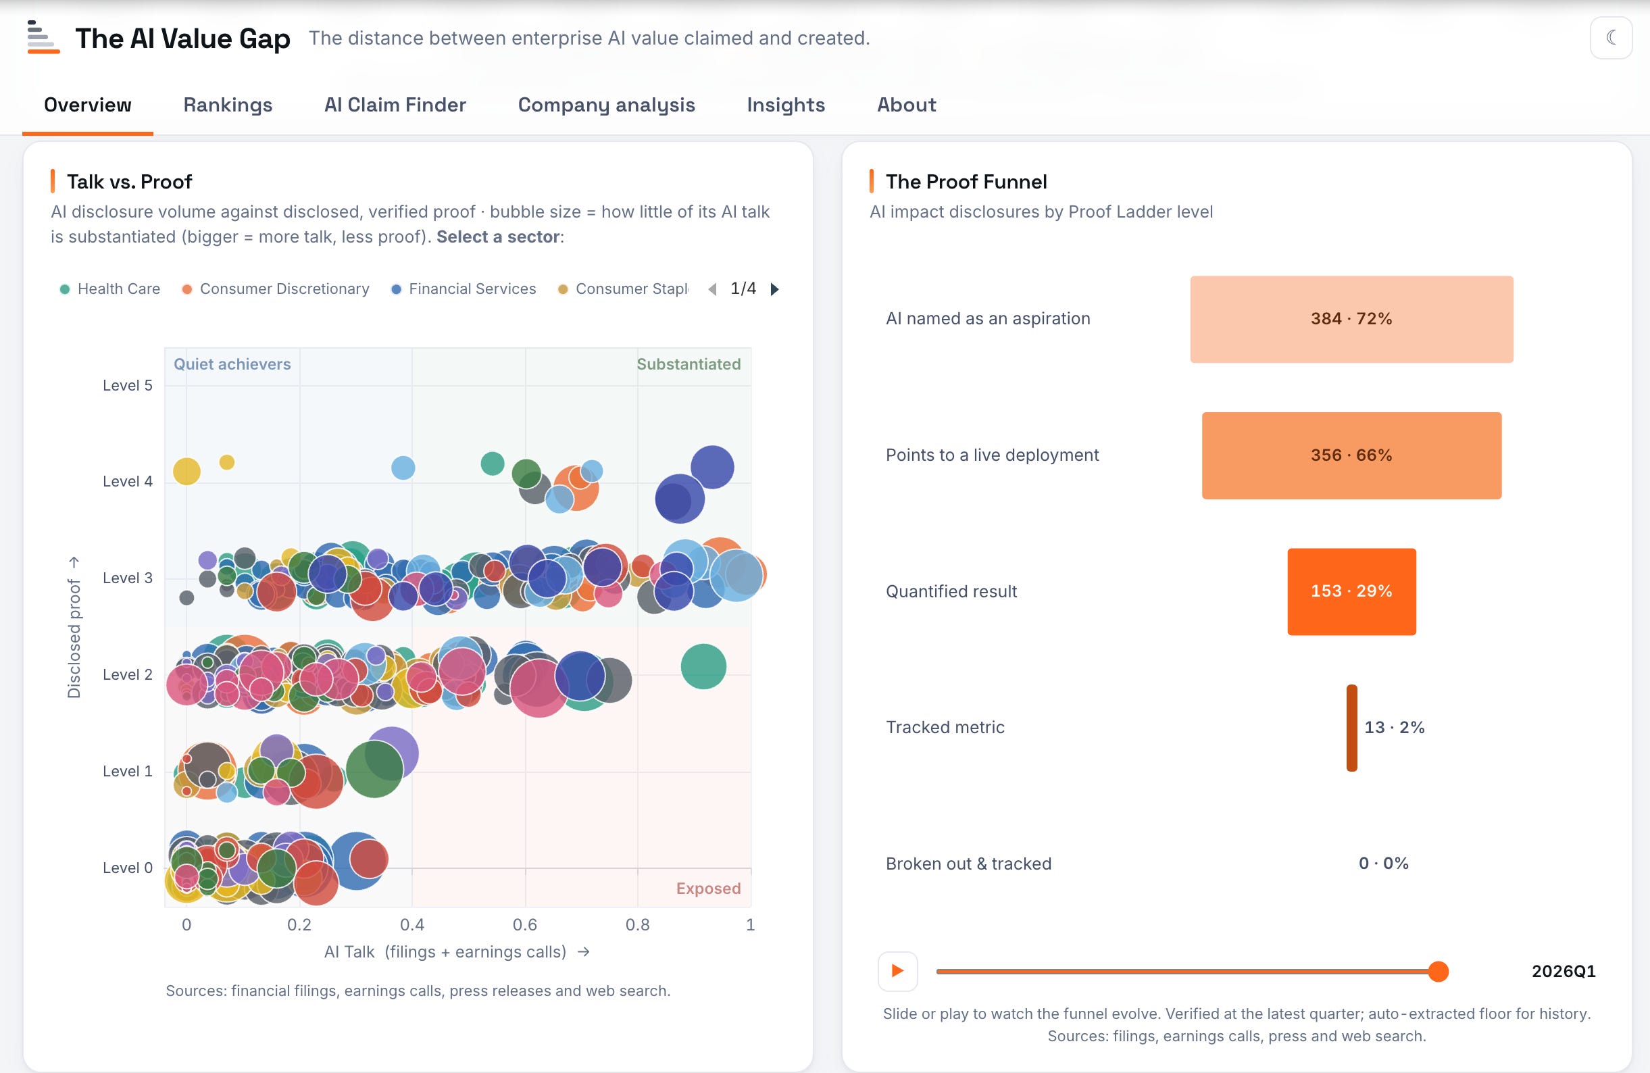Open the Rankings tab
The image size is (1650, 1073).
click(228, 105)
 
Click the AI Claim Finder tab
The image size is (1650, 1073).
click(395, 105)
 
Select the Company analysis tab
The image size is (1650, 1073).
click(606, 105)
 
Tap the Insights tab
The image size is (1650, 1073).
click(786, 105)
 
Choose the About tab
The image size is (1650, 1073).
click(906, 105)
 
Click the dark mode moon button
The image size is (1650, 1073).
click(1611, 37)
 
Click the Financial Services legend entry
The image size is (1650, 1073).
click(464, 289)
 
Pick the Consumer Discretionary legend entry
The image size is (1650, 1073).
click(276, 289)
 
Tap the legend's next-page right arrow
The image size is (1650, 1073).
click(774, 289)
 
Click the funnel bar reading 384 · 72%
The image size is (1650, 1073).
click(1351, 319)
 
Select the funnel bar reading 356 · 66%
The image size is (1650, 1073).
click(1351, 455)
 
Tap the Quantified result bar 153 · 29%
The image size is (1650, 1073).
click(1351, 591)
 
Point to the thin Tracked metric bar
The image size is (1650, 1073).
click(1351, 728)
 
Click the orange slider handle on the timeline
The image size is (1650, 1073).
click(1439, 971)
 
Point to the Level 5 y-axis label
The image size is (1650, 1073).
click(128, 385)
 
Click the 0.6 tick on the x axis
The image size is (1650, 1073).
click(525, 924)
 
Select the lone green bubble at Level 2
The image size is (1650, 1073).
click(703, 666)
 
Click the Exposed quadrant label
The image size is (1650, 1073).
click(708, 889)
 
